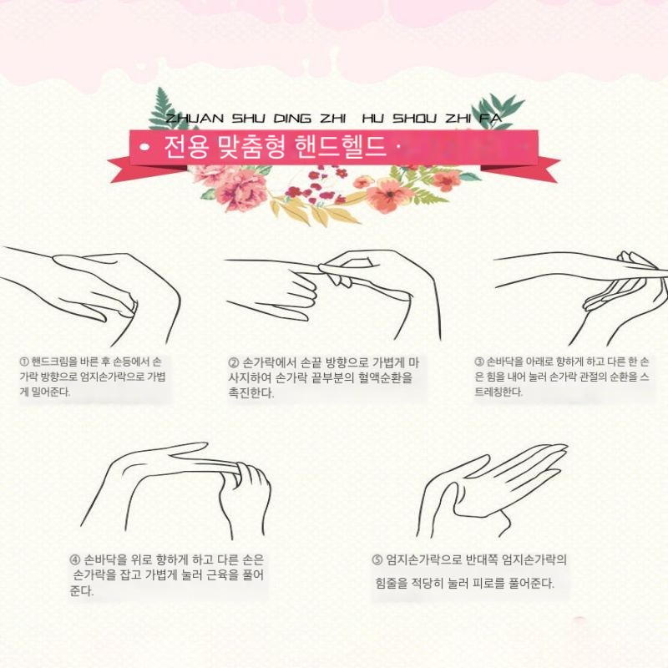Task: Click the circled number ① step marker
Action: pyautogui.click(x=24, y=362)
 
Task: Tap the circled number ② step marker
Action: pyautogui.click(x=234, y=363)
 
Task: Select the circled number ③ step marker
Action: pyautogui.click(x=479, y=362)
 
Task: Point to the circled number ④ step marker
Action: pyautogui.click(x=75, y=559)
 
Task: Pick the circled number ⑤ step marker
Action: pyautogui.click(x=377, y=559)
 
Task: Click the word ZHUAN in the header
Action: pyautogui.click(x=194, y=119)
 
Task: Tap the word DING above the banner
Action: pyautogui.click(x=292, y=119)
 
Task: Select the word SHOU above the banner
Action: pyautogui.click(x=414, y=119)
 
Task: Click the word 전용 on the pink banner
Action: pyautogui.click(x=186, y=147)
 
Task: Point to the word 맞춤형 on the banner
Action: pyautogui.click(x=251, y=148)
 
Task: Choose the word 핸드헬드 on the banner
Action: pyautogui.click(x=340, y=147)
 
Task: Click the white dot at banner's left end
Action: pyautogui.click(x=145, y=148)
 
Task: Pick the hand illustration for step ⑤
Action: pyautogui.click(x=492, y=490)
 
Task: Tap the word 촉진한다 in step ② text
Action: pyautogui.click(x=251, y=392)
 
